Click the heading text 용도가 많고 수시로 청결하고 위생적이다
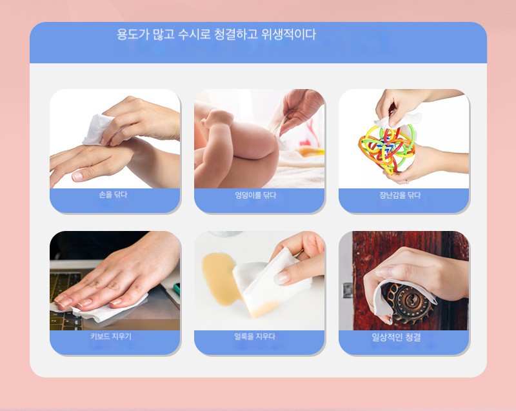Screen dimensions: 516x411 click(x=216, y=34)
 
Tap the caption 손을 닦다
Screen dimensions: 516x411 click(x=113, y=195)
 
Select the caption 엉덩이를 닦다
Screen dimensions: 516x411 click(x=255, y=195)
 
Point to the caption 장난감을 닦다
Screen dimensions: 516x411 click(x=400, y=195)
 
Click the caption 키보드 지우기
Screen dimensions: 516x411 click(x=111, y=336)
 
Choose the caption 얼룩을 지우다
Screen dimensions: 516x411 click(x=255, y=336)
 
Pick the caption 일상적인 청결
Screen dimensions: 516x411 click(x=396, y=337)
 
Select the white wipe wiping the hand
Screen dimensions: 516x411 click(x=98, y=130)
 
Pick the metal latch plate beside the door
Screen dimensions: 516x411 click(x=348, y=290)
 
